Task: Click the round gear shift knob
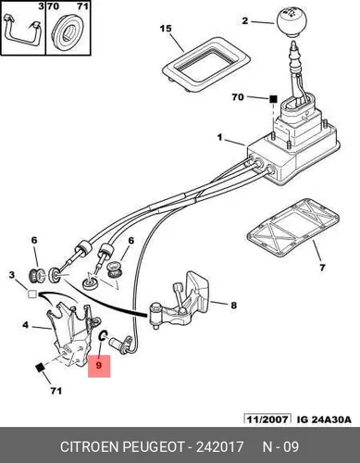point(292,23)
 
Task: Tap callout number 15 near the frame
point(166,29)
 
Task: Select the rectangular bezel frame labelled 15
point(206,65)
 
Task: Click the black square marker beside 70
point(273,99)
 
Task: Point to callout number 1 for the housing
point(219,137)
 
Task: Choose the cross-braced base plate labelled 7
point(292,228)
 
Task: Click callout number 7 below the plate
point(322,268)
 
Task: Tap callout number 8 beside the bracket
point(234,306)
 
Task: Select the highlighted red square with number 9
point(99,366)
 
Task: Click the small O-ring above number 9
point(103,335)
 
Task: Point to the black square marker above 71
point(40,368)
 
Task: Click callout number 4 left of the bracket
point(25,325)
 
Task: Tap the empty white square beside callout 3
point(32,294)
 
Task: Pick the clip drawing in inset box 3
point(22,31)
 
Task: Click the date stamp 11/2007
point(267,419)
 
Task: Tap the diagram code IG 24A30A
point(324,419)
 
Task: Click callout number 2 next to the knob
point(244,21)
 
